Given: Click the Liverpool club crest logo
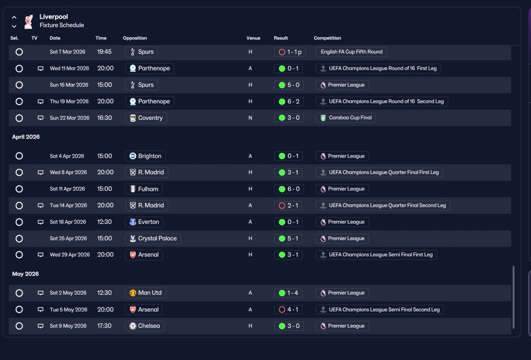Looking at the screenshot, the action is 29,22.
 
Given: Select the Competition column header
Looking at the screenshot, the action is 327,38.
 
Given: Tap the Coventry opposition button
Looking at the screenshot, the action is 146,118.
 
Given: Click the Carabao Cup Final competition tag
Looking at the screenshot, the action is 346,117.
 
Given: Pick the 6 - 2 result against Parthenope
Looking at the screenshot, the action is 289,102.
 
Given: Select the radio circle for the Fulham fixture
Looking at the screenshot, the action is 19,189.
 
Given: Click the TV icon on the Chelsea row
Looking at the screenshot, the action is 41,326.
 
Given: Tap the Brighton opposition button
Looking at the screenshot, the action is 145,156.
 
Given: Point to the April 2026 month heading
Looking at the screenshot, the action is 26,137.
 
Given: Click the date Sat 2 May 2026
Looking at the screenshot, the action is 68,293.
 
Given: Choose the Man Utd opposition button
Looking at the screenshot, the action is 145,293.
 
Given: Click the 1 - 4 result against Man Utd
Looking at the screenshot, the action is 288,293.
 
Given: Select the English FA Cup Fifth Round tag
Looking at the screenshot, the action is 351,52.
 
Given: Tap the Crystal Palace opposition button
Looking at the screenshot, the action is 153,238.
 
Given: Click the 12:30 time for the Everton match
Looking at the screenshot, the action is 104,222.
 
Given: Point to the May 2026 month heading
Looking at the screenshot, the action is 25,274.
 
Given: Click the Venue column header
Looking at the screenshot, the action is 253,38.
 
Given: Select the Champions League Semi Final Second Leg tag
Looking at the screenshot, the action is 380,309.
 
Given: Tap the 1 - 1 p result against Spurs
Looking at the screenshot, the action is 290,52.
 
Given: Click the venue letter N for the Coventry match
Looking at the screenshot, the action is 250,118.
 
